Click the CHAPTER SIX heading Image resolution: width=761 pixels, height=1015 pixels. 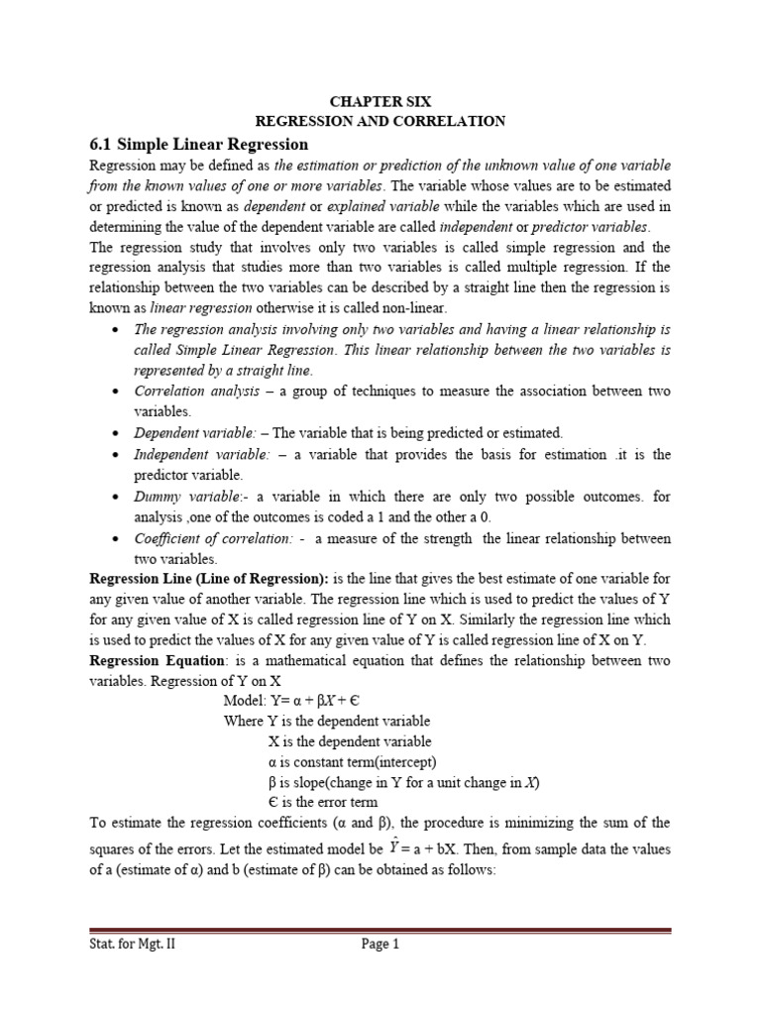[x=380, y=101]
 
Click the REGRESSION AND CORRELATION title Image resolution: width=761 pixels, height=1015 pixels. [x=380, y=121]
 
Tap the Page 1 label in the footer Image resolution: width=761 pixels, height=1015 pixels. [x=380, y=945]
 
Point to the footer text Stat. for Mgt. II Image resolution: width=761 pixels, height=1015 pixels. [x=135, y=945]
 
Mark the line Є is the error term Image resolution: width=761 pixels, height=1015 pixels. [x=322, y=802]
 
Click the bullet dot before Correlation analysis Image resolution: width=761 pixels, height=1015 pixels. [x=118, y=392]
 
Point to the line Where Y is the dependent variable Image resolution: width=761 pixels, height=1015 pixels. [x=327, y=721]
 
